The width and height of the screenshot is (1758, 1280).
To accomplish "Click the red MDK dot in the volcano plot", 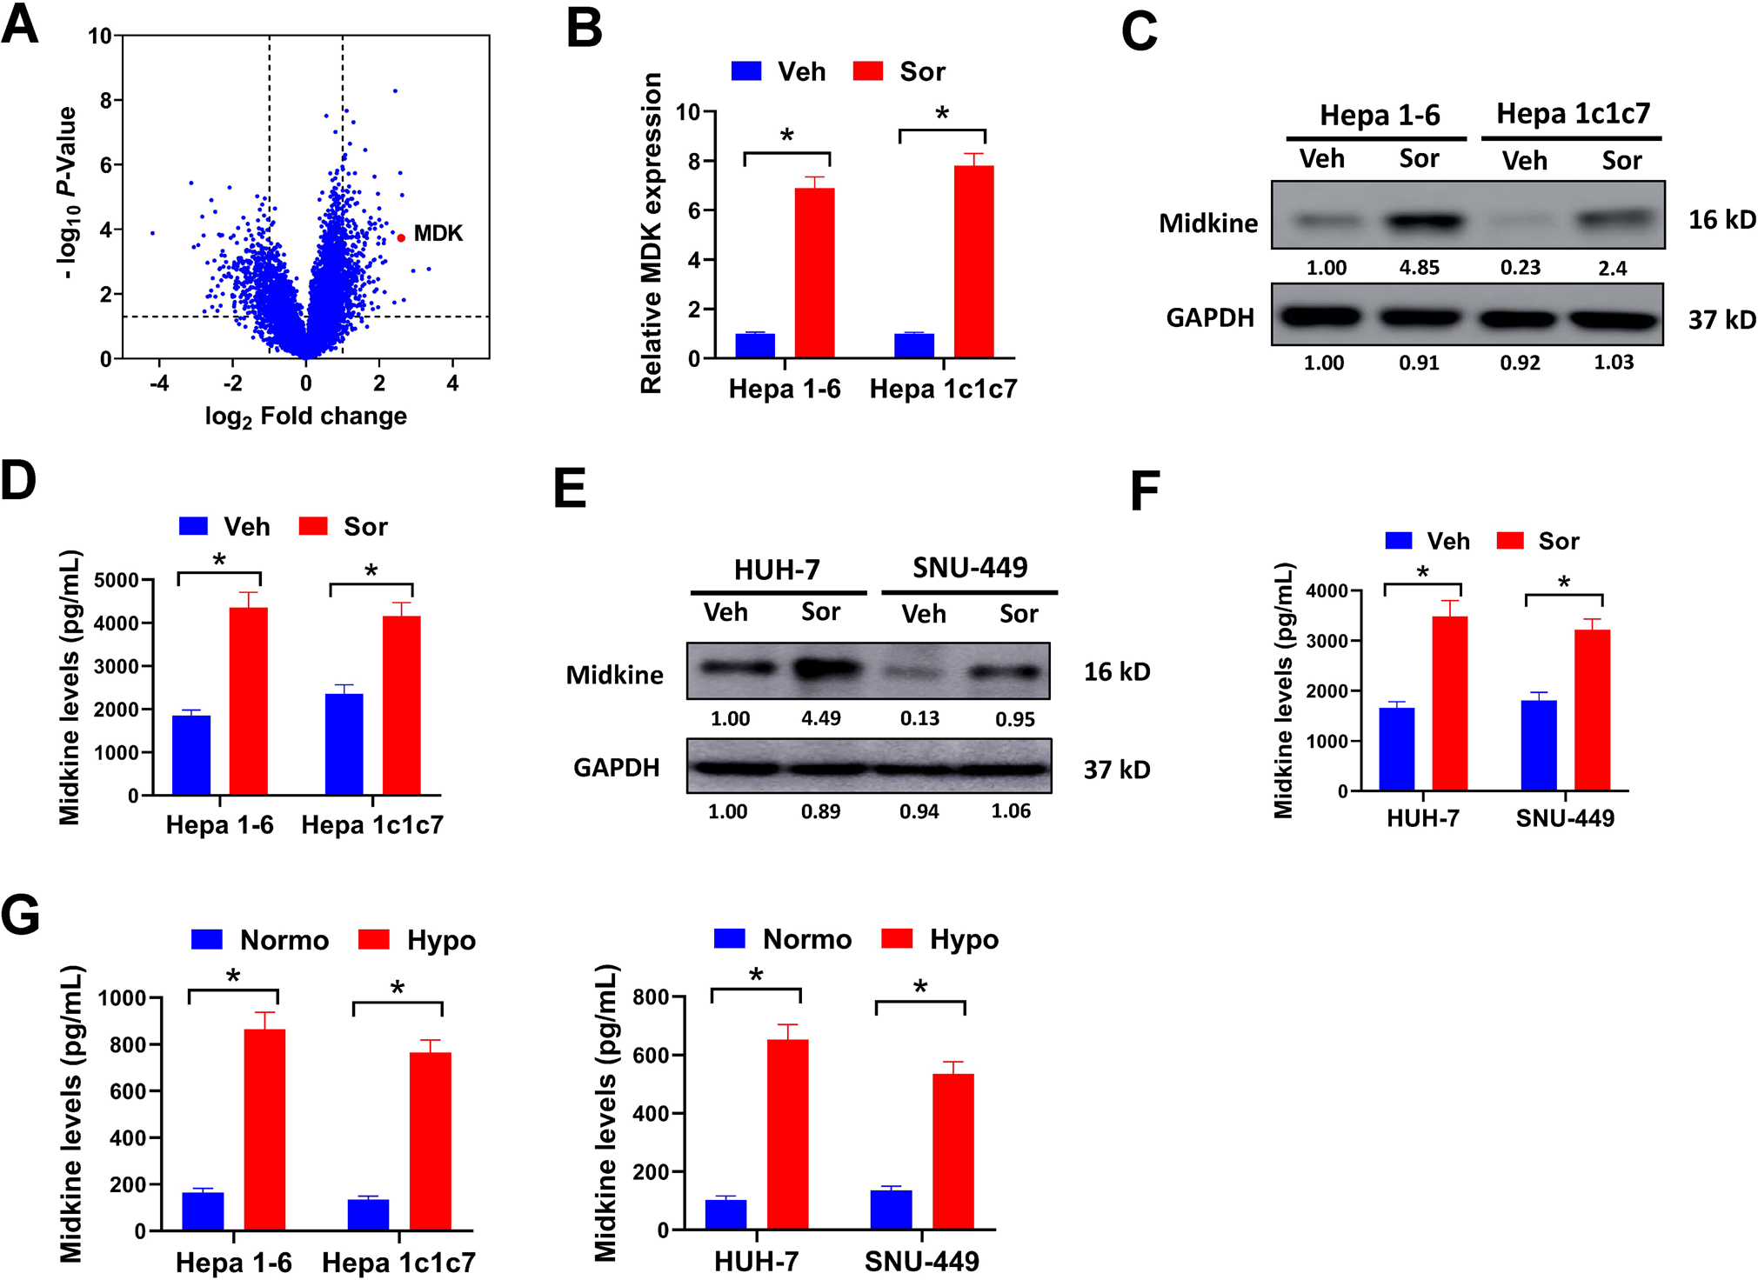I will [x=401, y=237].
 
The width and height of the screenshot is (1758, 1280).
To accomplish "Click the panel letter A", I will [x=20, y=26].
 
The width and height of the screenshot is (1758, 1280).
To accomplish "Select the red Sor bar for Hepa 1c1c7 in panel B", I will [x=974, y=261].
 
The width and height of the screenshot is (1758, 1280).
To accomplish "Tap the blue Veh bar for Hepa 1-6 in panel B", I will [x=755, y=345].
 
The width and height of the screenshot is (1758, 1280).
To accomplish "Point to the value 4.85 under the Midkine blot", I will [x=1419, y=268].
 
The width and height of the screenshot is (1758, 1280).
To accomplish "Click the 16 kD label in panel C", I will [x=1721, y=220].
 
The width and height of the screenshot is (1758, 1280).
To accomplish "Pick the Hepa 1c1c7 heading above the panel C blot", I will [x=1573, y=114].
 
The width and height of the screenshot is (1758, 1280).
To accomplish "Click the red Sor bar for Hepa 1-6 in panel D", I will [x=249, y=700].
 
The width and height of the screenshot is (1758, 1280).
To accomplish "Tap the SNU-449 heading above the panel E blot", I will [x=970, y=568].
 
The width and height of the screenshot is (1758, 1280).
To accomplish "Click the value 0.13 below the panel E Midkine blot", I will [x=919, y=718].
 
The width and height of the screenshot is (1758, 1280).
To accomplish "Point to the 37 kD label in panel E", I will [x=1117, y=770].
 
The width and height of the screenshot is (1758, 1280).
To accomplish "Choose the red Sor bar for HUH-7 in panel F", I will [x=1449, y=703].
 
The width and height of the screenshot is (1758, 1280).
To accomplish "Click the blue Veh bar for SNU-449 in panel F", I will [x=1539, y=745].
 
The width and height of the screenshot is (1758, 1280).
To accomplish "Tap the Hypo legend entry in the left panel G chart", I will [x=418, y=940].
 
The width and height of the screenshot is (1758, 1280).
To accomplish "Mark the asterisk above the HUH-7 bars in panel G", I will [x=756, y=975].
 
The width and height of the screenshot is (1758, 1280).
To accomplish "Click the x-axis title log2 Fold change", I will [x=305, y=417].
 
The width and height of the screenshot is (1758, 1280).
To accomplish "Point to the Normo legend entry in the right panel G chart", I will [x=782, y=939].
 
